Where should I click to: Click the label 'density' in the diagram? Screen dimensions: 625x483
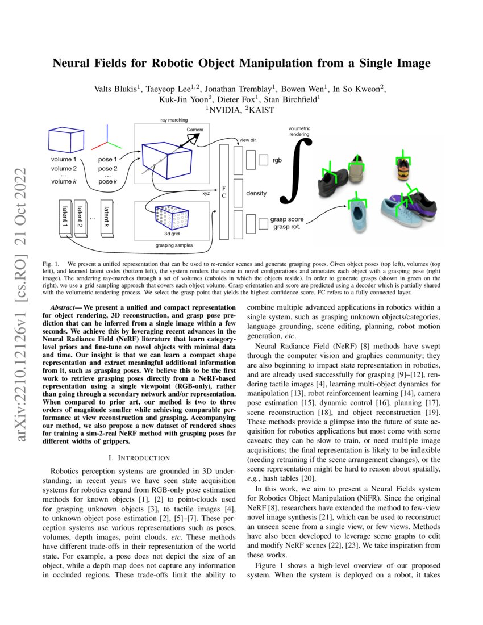click(x=256, y=194)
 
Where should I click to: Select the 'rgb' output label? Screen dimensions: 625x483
click(x=277, y=160)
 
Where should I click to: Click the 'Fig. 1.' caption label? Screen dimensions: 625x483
click(x=51, y=265)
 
